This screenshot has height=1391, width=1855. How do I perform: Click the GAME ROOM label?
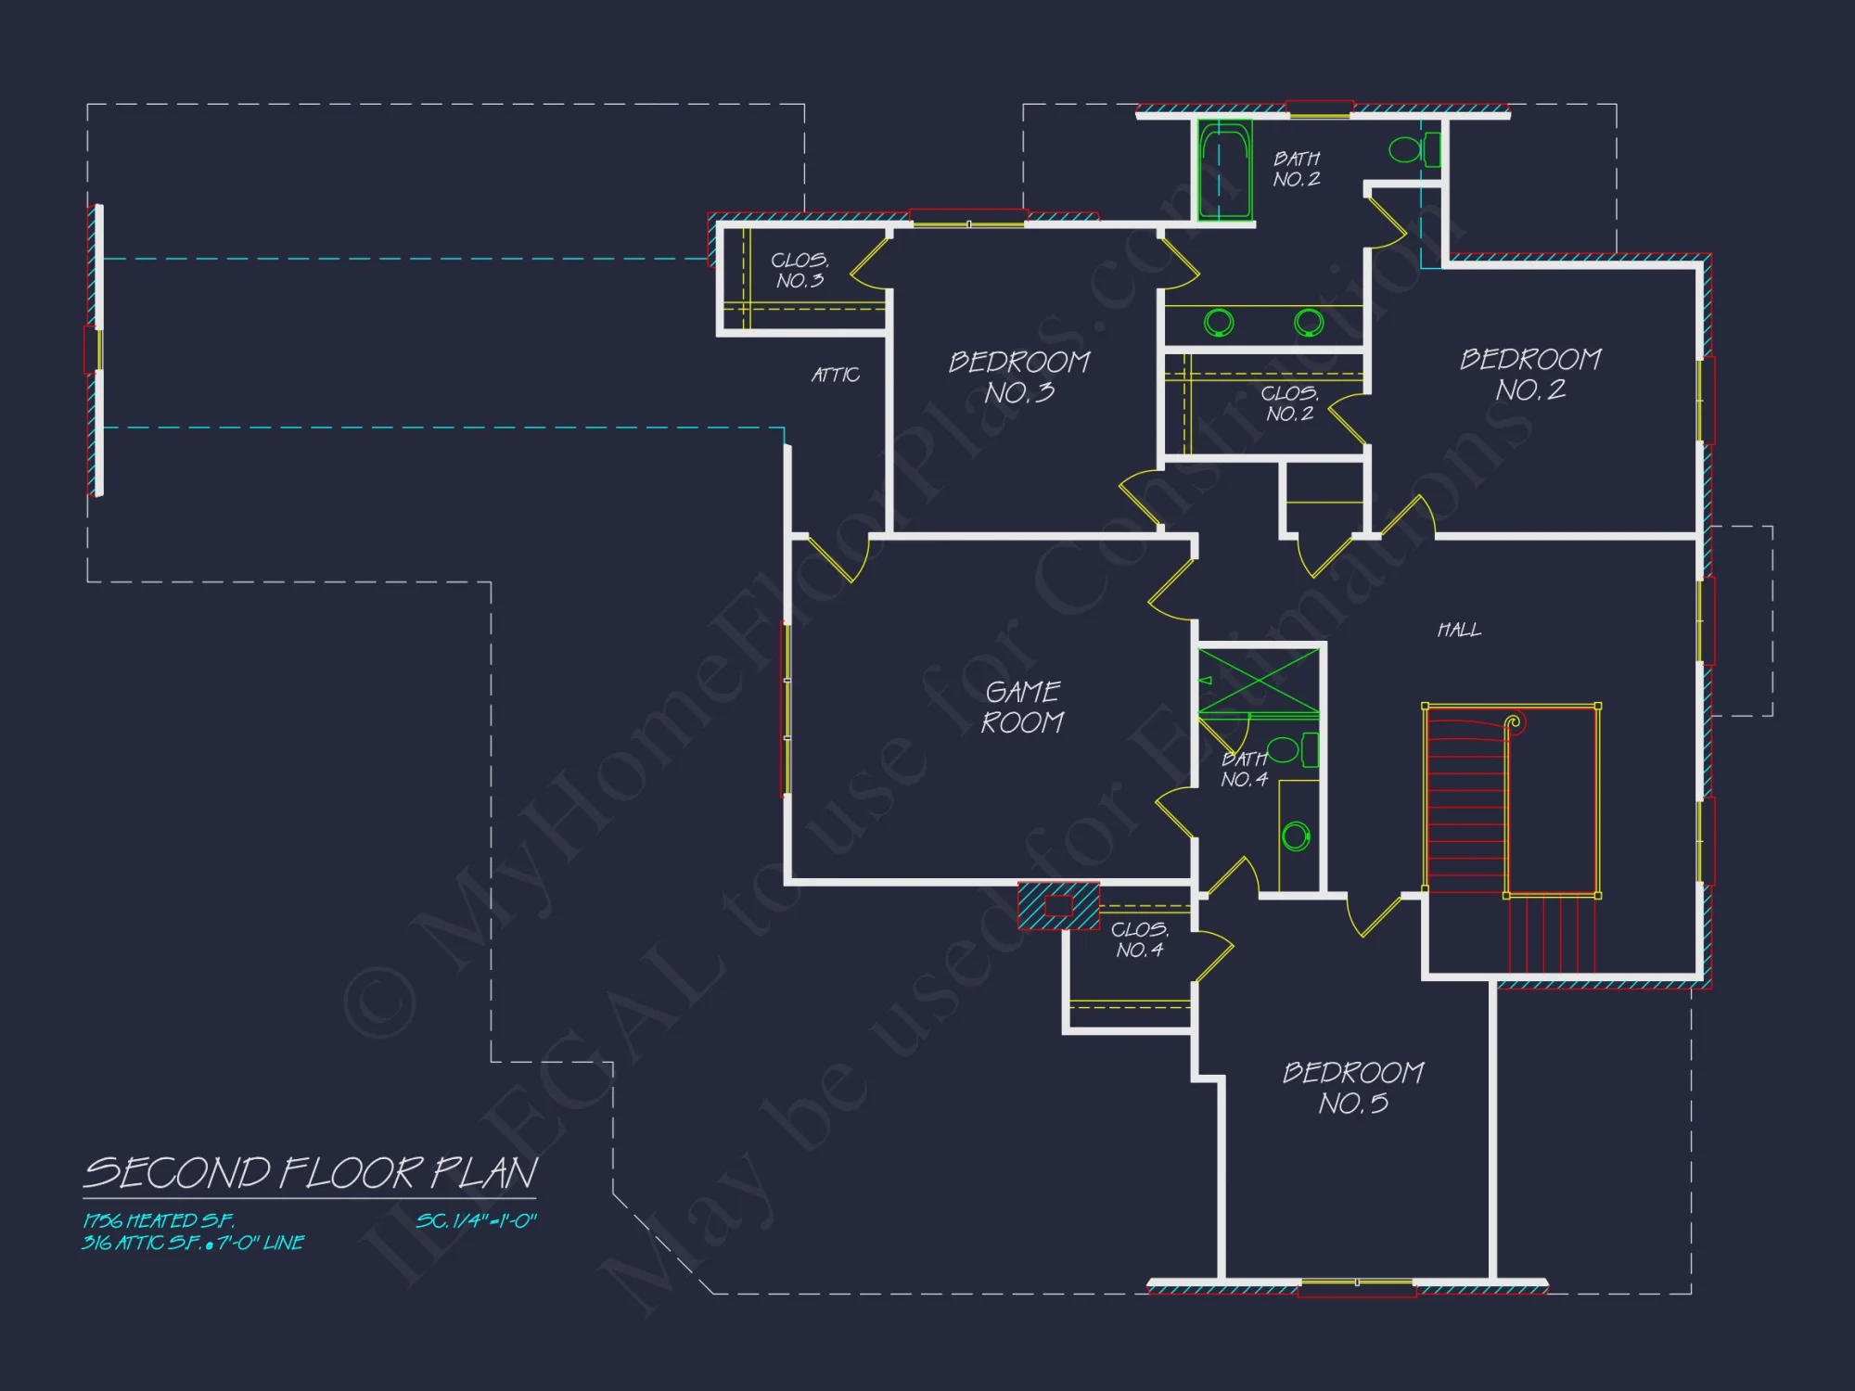(1022, 707)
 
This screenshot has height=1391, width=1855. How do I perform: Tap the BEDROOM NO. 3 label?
(1019, 376)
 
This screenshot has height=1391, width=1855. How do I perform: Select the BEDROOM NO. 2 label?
(1530, 374)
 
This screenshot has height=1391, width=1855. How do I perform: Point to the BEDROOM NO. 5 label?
(1353, 1088)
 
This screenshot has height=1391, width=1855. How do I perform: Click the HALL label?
(1459, 631)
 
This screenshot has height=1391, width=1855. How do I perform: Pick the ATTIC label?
(836, 375)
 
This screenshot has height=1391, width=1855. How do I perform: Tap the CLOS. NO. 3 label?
(800, 270)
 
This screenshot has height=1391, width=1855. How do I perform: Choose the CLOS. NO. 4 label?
(1140, 939)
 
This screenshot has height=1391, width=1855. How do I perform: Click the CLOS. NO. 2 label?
(1289, 403)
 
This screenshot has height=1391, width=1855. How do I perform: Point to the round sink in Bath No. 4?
(1296, 836)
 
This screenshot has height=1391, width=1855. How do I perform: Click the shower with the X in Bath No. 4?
(1258, 683)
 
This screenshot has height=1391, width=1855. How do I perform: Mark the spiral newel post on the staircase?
(1514, 721)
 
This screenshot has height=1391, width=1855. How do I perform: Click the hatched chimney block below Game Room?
(1058, 906)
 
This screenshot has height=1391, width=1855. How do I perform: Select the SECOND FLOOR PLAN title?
(310, 1173)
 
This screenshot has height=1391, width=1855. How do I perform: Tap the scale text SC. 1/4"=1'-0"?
(476, 1221)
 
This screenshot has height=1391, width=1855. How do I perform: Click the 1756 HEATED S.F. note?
(159, 1221)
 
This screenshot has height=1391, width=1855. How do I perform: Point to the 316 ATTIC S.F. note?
(193, 1243)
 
